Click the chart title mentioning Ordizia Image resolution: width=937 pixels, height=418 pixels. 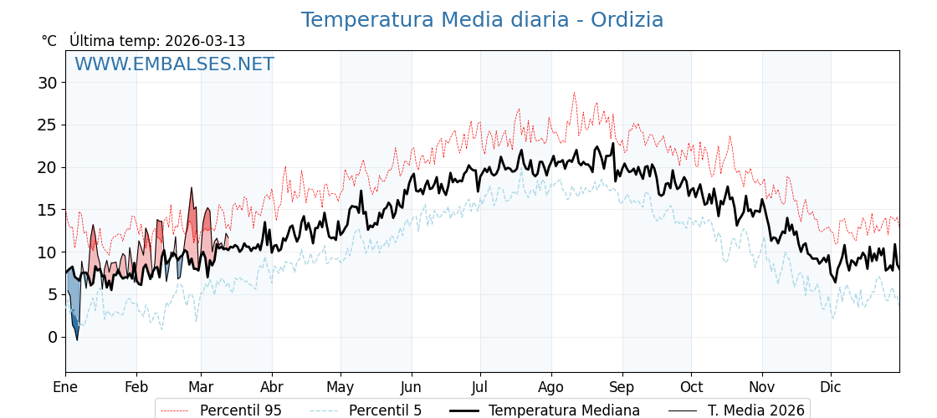click(x=482, y=20)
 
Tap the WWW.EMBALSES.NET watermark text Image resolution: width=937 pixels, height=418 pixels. click(x=174, y=64)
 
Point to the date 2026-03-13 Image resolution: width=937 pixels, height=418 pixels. click(x=205, y=41)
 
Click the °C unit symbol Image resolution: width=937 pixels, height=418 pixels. click(x=49, y=41)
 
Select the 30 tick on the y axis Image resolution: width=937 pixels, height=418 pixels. click(x=47, y=83)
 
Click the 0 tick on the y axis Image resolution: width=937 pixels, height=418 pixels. click(x=52, y=337)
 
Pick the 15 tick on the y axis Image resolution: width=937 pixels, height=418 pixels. click(x=47, y=210)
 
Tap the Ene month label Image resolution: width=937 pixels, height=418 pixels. click(x=65, y=387)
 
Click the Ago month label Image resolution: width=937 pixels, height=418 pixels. click(x=551, y=387)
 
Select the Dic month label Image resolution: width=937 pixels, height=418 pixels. click(x=831, y=387)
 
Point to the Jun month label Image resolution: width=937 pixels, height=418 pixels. click(x=411, y=387)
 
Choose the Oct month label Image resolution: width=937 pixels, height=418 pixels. click(x=691, y=387)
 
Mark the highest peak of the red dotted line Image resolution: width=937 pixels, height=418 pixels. click(x=574, y=93)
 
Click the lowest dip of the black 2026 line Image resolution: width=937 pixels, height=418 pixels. click(x=77, y=339)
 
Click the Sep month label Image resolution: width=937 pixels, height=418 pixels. click(x=622, y=387)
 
